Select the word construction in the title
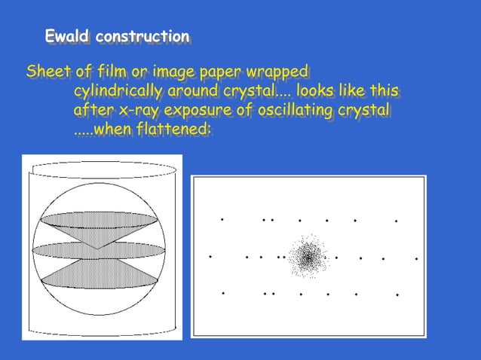[143, 36]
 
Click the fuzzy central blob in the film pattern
[307, 257]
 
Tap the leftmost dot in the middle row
[210, 256]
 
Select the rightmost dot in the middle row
[416, 259]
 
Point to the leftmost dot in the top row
[222, 219]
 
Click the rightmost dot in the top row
[397, 221]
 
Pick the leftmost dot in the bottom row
[223, 292]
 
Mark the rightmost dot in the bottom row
[397, 294]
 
